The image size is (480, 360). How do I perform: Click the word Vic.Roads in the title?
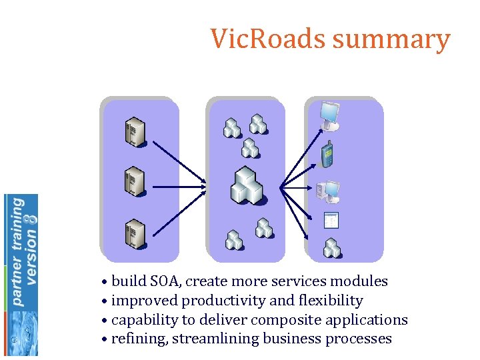coord(268,39)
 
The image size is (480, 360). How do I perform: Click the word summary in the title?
coord(391,40)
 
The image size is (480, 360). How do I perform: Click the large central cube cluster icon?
coord(247,186)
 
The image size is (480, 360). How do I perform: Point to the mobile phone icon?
coord(327,155)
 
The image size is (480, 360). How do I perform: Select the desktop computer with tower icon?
coord(328,192)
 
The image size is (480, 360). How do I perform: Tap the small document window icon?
coord(331,220)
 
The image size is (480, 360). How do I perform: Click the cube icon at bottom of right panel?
coord(331,248)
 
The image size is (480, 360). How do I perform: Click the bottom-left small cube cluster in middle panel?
coord(233,239)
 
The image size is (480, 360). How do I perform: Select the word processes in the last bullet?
coord(359,339)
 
